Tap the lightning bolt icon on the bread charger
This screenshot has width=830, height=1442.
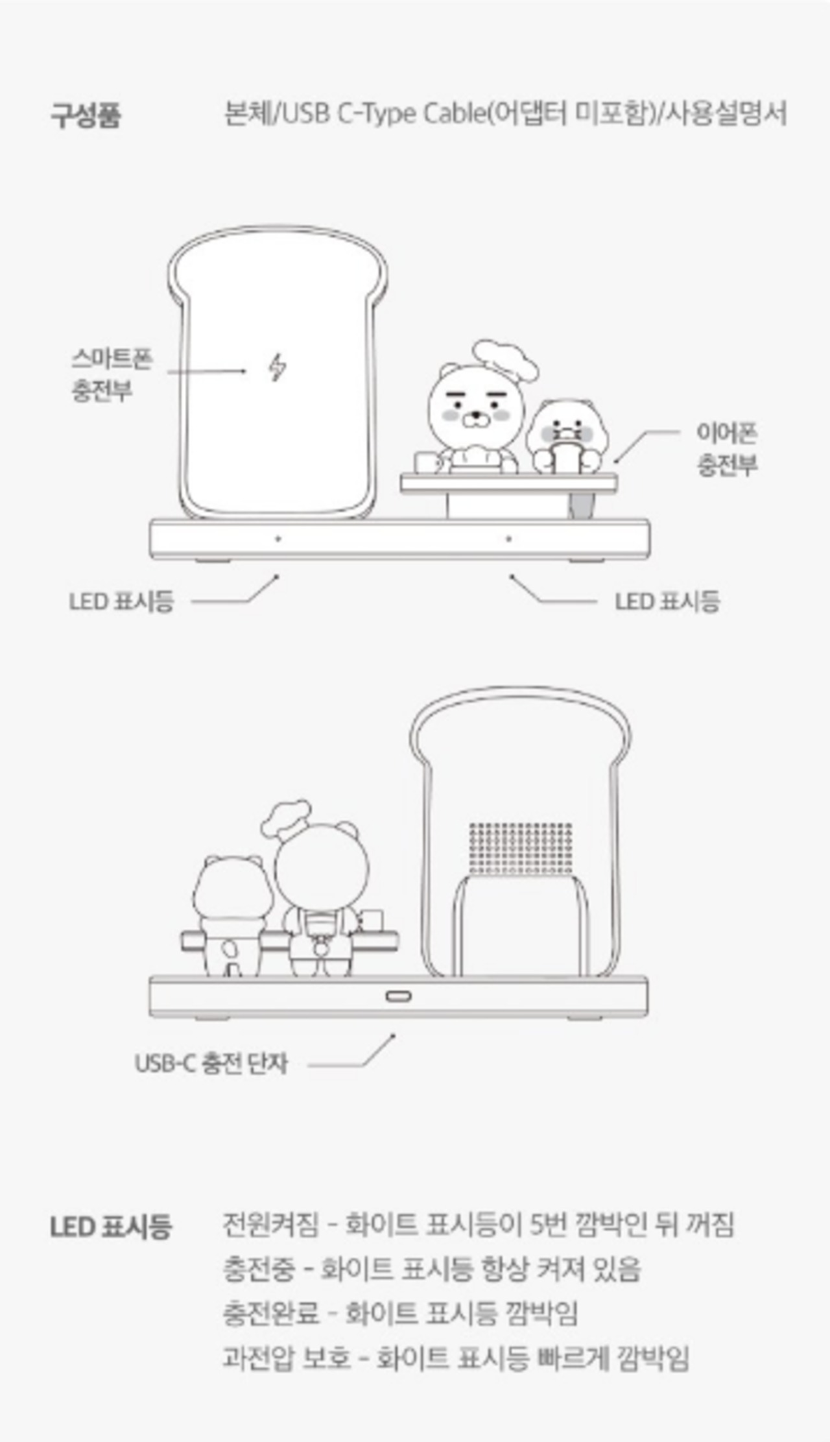coord(278,367)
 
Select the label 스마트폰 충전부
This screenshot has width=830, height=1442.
coord(111,374)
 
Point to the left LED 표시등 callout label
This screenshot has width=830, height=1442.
coord(121,601)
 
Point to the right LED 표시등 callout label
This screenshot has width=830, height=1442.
coord(667,601)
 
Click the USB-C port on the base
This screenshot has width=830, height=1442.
coord(397,996)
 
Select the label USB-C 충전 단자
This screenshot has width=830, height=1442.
coord(211,1063)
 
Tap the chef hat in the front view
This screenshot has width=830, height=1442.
coord(505,359)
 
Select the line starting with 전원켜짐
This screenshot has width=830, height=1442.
coord(478,1225)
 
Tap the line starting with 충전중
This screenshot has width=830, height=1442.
coord(431,1269)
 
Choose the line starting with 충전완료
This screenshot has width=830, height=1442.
coord(400,1313)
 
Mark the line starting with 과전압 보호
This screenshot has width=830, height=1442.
coord(455,1358)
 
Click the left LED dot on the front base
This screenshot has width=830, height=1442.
coord(278,538)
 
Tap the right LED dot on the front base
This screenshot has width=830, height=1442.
coord(509,538)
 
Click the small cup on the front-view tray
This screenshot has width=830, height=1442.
coord(426,461)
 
